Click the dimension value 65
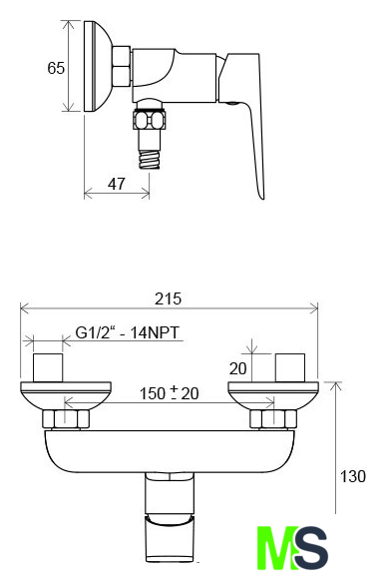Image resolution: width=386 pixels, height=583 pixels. point(56,68)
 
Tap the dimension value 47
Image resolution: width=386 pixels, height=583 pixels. point(117,184)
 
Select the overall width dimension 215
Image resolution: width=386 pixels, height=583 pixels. point(169,298)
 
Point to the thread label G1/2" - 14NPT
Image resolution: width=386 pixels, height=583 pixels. point(128,332)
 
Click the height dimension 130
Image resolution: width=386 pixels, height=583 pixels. point(353,476)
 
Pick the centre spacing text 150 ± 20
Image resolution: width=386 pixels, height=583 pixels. point(169,393)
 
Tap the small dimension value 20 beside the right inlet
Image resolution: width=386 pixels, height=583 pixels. point(237,368)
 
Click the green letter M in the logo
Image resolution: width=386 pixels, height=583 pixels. point(277,548)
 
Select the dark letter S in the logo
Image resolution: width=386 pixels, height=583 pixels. point(311,548)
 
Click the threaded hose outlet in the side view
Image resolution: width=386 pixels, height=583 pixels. point(150,159)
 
